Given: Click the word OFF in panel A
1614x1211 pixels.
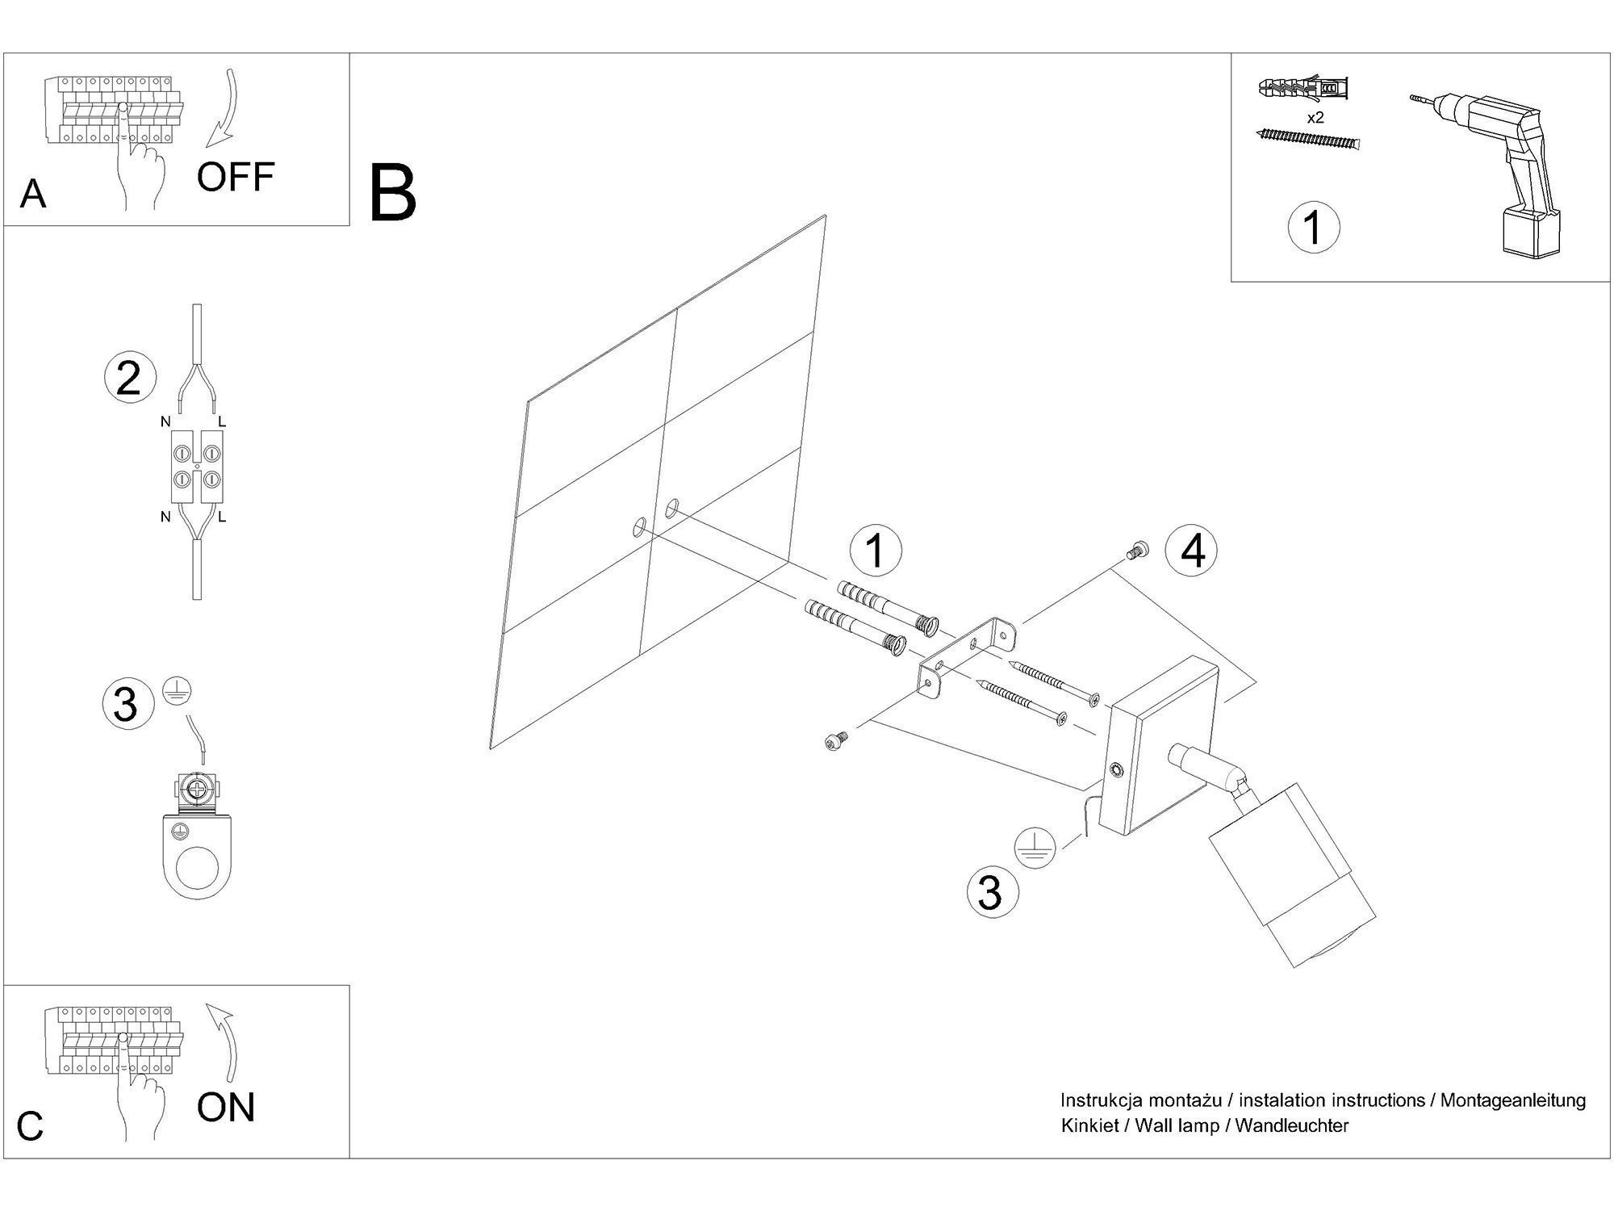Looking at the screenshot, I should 236,177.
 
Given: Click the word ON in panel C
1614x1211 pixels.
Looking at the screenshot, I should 226,1107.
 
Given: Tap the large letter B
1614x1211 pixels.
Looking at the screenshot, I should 393,194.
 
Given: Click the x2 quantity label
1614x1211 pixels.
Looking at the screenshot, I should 1315,117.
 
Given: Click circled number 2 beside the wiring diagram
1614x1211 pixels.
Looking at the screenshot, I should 128,379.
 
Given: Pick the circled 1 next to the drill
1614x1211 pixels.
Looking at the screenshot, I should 1313,227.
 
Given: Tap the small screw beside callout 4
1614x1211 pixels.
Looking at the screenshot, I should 1136,551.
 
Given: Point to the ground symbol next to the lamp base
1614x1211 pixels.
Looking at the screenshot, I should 1035,848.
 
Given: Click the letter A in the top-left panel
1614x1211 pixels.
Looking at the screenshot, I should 33,194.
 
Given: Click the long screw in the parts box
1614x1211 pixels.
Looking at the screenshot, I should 1308,140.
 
